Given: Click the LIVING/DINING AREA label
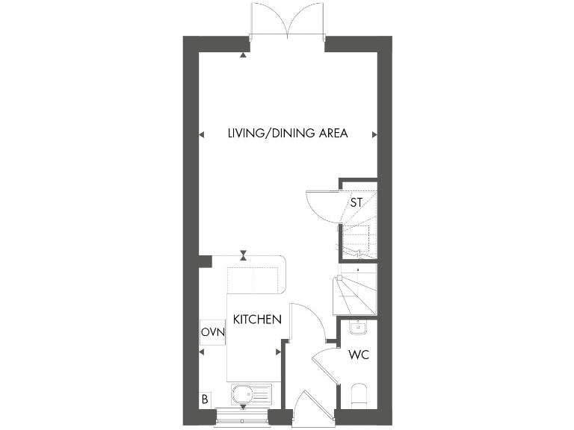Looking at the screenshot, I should coord(288,134).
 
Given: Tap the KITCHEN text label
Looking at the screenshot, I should coord(257,320).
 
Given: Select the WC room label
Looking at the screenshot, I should coord(359,355).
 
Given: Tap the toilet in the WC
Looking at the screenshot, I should coord(359,393).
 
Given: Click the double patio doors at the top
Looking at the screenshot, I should coord(288,22).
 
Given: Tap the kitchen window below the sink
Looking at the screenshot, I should coord(242,413).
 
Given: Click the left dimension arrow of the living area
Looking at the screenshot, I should coord(201,134).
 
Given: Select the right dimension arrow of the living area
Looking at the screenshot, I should coord(374,134).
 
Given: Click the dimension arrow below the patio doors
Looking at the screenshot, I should coord(243,55).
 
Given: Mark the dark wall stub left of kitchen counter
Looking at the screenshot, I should coord(204,261).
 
